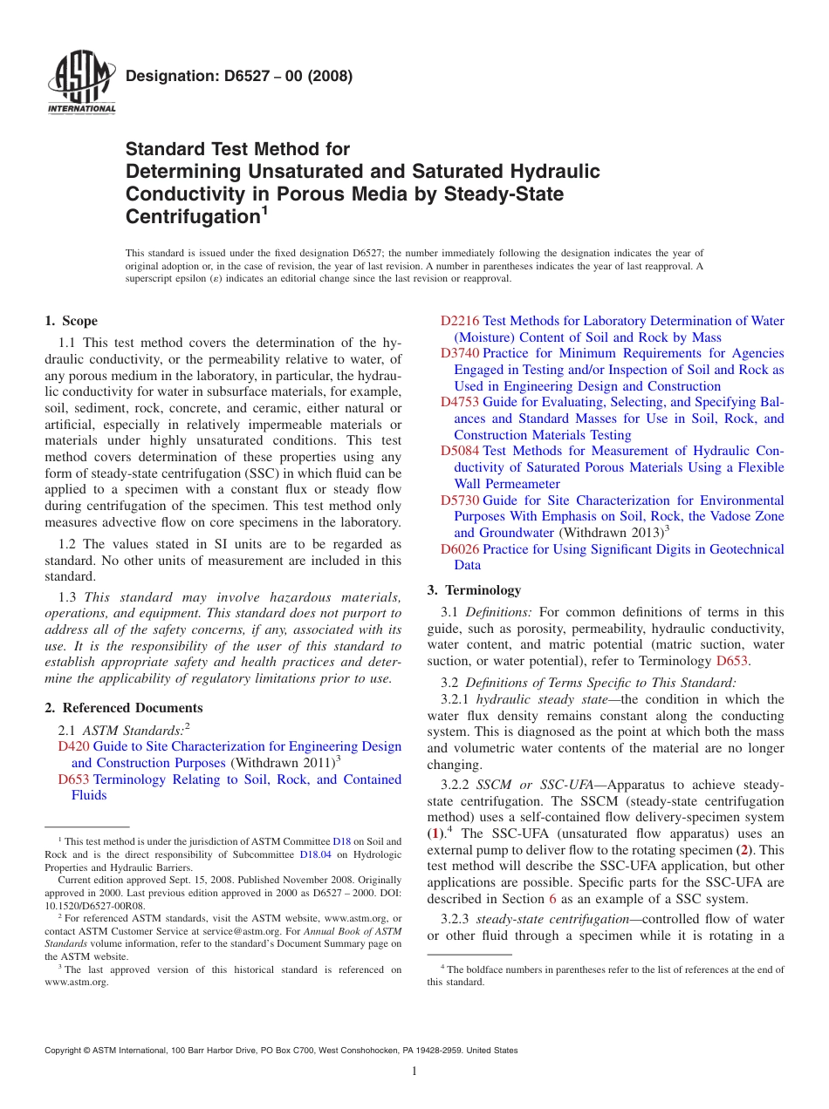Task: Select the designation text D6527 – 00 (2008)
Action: click(239, 76)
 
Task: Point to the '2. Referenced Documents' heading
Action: click(123, 708)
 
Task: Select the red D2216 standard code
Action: click(459, 321)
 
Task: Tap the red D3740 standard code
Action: click(459, 353)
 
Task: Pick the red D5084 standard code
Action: click(459, 451)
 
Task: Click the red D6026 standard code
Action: click(459, 549)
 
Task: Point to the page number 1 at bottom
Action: click(414, 1072)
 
